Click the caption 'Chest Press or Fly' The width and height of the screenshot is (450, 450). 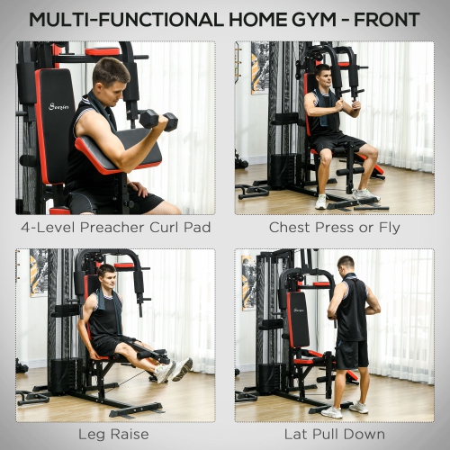pyautogui.click(x=334, y=228)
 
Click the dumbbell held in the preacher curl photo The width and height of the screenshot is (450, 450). pyautogui.click(x=158, y=119)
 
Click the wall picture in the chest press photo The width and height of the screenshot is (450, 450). pyautogui.click(x=260, y=67)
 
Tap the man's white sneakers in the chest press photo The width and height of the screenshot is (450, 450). pyautogui.click(x=343, y=198)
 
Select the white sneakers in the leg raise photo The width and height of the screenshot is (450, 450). pyautogui.click(x=172, y=370)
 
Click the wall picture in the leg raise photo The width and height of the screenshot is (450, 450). pyautogui.click(x=39, y=273)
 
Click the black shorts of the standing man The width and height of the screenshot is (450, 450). pyautogui.click(x=352, y=352)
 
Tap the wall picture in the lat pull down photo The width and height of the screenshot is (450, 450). pyautogui.click(x=248, y=282)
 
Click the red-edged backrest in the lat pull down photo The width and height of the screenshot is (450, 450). pyautogui.click(x=297, y=319)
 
